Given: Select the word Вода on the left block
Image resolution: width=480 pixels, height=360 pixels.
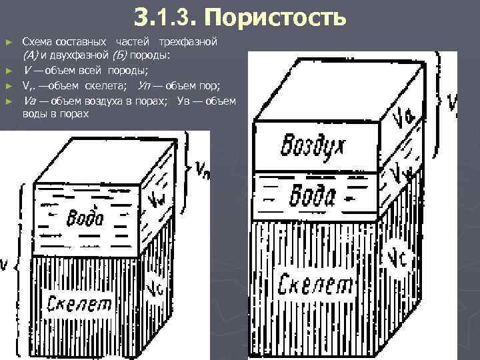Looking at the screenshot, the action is [86, 218].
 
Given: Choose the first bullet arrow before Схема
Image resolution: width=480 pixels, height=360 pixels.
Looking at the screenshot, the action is [9, 43].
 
